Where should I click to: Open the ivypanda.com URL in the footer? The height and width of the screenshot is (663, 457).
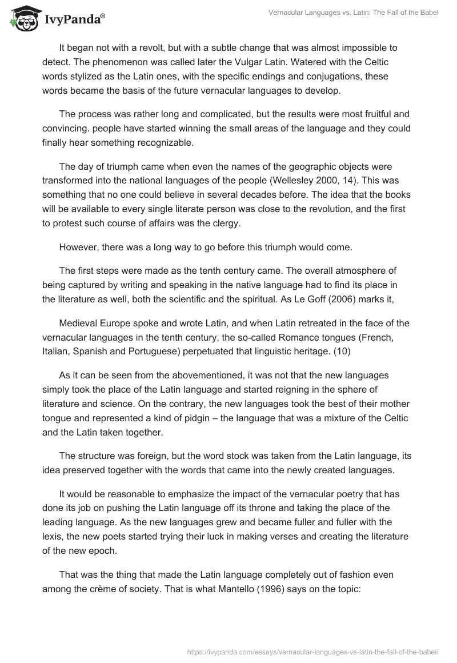tap(312, 651)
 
